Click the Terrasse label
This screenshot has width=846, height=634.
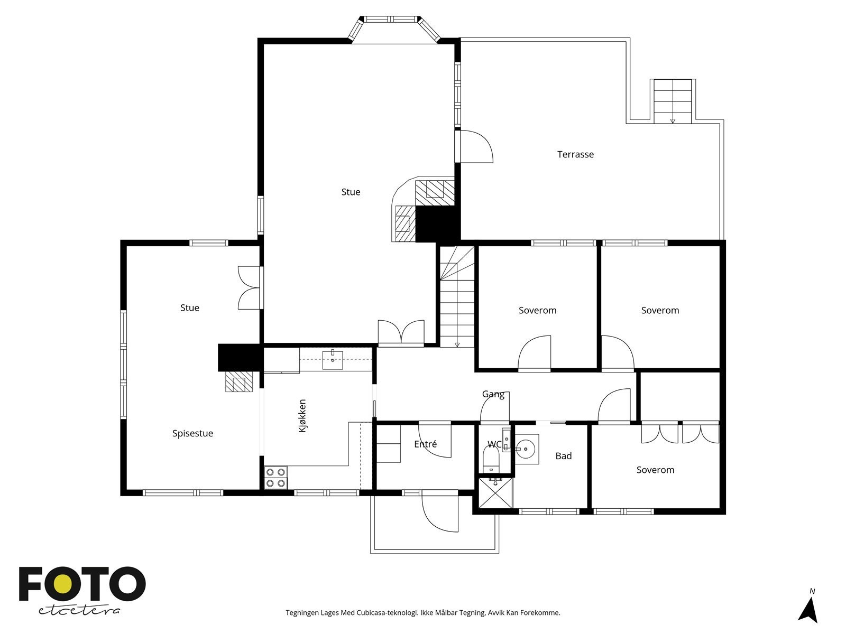pos(575,154)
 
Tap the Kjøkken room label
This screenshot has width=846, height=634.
pos(302,416)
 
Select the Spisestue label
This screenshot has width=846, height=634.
pos(192,433)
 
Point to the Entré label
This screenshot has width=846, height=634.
pos(425,444)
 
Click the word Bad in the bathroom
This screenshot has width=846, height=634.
pos(563,456)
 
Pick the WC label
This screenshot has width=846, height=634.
pos(494,444)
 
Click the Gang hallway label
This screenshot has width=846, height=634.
pos(493,394)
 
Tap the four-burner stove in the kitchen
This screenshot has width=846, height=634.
pos(275,478)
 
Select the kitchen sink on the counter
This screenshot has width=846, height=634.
pos(332,360)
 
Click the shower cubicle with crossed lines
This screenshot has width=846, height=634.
pos(495,493)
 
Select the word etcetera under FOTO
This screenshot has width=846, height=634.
pos(79,611)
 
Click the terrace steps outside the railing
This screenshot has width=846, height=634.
pos(673,101)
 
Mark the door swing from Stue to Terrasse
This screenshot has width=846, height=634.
pos(477,147)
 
